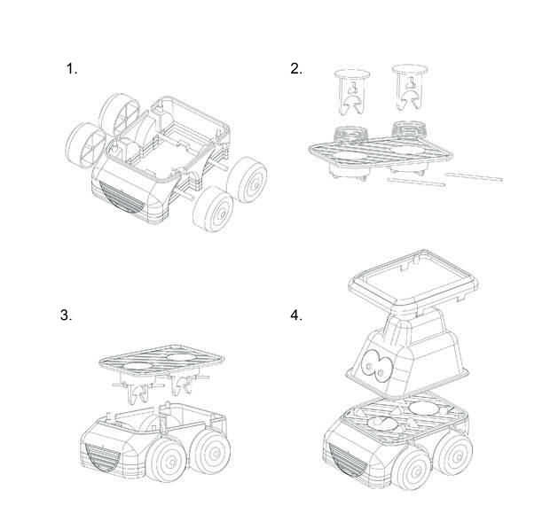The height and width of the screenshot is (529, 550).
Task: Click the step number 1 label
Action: tap(72, 68)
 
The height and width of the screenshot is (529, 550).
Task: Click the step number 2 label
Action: tap(296, 68)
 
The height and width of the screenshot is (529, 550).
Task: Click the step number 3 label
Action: tap(66, 315)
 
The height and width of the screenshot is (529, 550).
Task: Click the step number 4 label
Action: tap(296, 315)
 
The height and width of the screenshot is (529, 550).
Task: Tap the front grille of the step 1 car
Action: tap(121, 198)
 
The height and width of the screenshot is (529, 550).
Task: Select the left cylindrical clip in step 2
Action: tap(352, 92)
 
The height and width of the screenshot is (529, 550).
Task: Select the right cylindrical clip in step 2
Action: tap(410, 87)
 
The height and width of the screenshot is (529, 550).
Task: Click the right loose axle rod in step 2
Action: tap(474, 177)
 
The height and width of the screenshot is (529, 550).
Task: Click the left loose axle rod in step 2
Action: tap(416, 182)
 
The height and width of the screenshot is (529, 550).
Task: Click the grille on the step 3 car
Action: tap(102, 457)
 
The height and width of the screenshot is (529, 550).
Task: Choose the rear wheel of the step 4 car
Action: tap(455, 455)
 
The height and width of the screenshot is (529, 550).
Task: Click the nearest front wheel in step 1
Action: tap(214, 209)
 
